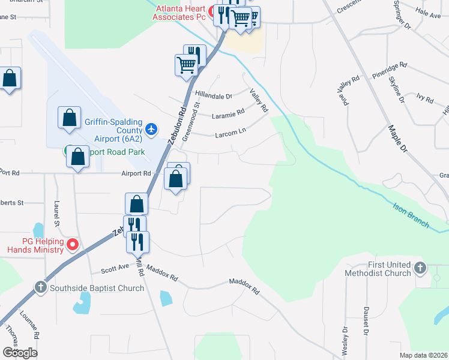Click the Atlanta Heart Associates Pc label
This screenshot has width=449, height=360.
[x=179, y=13]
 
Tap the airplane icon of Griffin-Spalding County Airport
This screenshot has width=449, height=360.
[x=151, y=129]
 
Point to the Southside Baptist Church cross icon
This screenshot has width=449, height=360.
[x=41, y=287]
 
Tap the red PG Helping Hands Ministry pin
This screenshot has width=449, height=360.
[x=73, y=244]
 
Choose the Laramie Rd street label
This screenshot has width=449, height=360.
[x=228, y=112]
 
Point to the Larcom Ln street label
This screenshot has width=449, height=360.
[x=231, y=134]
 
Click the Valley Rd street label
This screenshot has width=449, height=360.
[x=259, y=101]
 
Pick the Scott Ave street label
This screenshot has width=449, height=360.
[x=115, y=270]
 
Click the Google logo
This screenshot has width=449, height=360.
[x=20, y=352]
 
